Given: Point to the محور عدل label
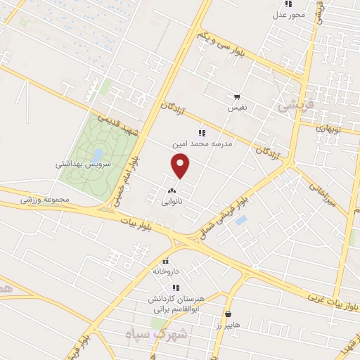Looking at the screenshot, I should coord(288,13).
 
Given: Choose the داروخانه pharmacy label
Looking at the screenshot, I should coord(166,270).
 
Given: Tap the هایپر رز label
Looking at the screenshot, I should coord(229,324).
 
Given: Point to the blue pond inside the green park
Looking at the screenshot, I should coord(99,154).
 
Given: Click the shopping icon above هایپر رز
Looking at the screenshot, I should coord(228,314).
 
